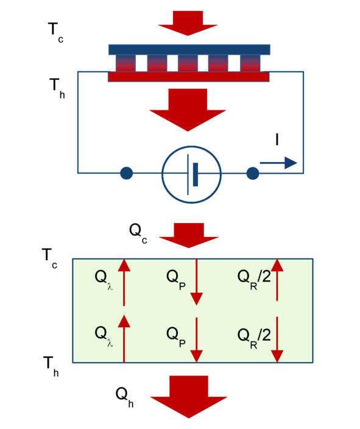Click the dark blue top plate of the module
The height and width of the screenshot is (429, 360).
point(189,49)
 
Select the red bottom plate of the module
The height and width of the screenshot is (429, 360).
point(189,77)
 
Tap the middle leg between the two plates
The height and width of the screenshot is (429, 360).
point(188,63)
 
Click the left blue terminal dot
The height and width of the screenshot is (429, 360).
point(126,173)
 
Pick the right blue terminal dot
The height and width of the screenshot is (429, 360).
point(253,173)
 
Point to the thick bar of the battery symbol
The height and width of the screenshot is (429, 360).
point(196,174)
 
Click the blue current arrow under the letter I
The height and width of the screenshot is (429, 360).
point(278,163)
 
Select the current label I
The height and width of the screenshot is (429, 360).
point(277,140)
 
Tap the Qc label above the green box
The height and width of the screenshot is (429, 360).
point(138,233)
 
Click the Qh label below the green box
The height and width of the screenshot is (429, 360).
point(124,397)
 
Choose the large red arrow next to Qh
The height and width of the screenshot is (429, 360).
point(189,397)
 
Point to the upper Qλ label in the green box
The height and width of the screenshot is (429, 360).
point(104,280)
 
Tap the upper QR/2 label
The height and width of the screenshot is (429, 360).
point(254,279)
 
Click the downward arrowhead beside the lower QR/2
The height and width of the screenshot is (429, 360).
point(277,356)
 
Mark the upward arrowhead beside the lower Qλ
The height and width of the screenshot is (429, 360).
point(124,321)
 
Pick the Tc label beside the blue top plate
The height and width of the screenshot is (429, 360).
point(55,32)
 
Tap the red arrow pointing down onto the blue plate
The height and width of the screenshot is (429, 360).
point(188,23)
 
